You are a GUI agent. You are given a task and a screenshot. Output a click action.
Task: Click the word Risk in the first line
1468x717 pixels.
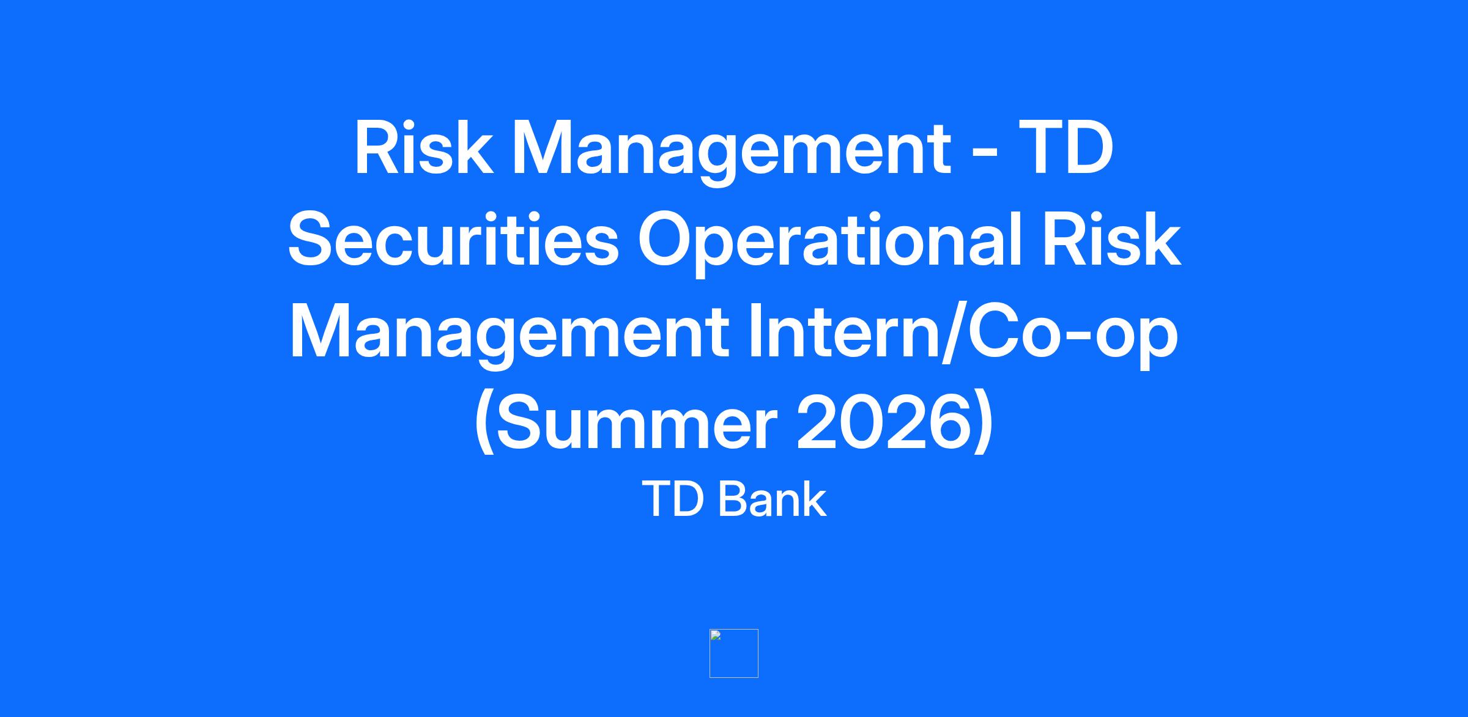(424, 148)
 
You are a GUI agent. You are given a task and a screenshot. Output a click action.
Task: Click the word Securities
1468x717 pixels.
(454, 240)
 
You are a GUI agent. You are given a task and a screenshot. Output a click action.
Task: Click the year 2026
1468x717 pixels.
(883, 423)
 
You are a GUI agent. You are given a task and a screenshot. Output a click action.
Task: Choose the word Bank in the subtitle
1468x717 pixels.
(772, 499)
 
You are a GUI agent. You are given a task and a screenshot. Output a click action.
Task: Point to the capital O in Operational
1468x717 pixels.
(669, 240)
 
